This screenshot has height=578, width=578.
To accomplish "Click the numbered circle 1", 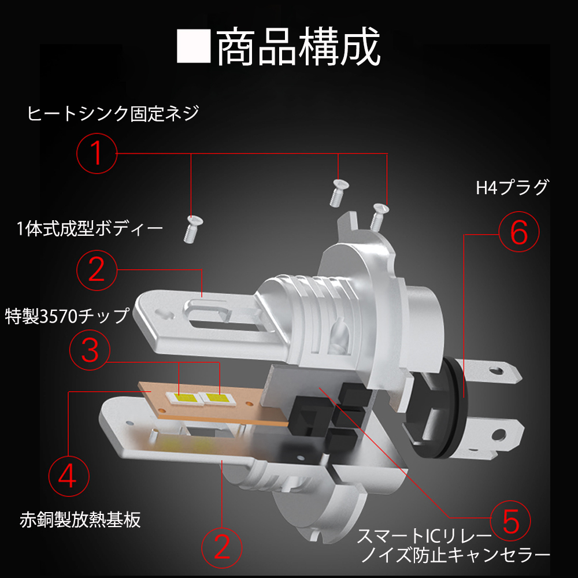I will coord(97,153).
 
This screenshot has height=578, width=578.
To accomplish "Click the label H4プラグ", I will coord(512,188).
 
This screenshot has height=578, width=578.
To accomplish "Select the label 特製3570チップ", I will coord(66,317).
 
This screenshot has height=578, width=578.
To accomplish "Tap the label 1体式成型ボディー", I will coord(90,229).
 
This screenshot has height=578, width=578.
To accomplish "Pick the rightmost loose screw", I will coord(379,214).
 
